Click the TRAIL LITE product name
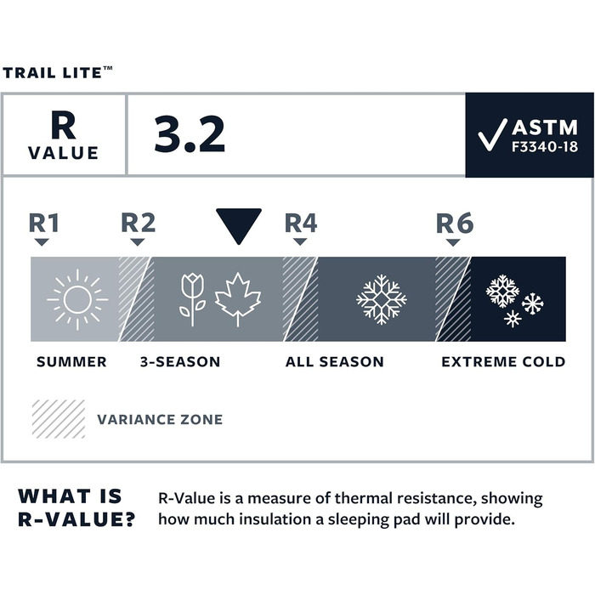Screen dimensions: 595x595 point(56,73)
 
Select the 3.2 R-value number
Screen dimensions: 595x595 point(189,133)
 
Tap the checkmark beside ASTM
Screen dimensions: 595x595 point(492,135)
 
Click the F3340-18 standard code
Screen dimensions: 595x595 point(545,146)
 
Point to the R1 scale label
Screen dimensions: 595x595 point(44,223)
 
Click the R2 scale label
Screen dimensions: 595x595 point(138,223)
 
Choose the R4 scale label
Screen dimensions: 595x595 point(300,223)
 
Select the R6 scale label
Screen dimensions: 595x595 point(454,223)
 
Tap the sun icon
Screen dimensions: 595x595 point(76,298)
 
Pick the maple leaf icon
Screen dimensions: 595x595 point(238,298)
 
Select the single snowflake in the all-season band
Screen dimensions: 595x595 point(381,299)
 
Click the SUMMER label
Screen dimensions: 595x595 point(71,362)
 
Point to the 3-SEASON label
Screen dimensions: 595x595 point(179,362)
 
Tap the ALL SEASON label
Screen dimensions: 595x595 point(334,362)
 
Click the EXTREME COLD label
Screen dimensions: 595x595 point(502,362)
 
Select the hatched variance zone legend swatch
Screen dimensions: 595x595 point(58,419)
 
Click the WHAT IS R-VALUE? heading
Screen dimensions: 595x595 point(76,507)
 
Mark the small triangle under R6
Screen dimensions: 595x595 point(453,242)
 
